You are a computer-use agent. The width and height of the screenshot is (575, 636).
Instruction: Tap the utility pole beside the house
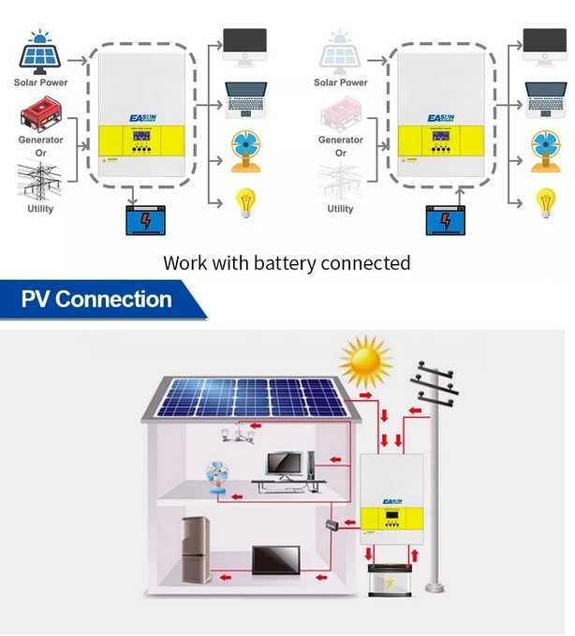[x=434, y=487]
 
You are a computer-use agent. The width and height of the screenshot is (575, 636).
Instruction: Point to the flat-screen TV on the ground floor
[x=276, y=560]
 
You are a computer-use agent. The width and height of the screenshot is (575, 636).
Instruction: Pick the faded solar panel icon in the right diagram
[x=340, y=55]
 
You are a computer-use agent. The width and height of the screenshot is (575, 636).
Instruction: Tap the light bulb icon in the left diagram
[x=245, y=202]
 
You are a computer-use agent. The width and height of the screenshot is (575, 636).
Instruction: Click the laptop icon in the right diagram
[x=545, y=100]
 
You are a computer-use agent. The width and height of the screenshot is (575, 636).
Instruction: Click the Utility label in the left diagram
[x=39, y=209]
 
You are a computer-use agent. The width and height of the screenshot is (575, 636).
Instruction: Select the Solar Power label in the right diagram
[x=340, y=82]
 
